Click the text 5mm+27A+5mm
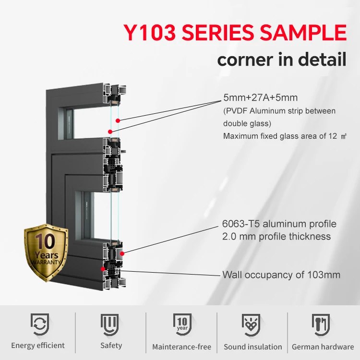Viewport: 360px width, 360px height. [260, 98]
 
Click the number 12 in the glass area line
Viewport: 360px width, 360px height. [330, 136]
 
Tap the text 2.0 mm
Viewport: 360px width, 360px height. [237, 236]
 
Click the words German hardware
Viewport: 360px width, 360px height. [323, 347]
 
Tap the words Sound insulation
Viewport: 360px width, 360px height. [253, 347]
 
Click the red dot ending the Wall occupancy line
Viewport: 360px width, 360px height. [103, 269]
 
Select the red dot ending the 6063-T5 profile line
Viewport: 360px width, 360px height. [122, 253]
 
